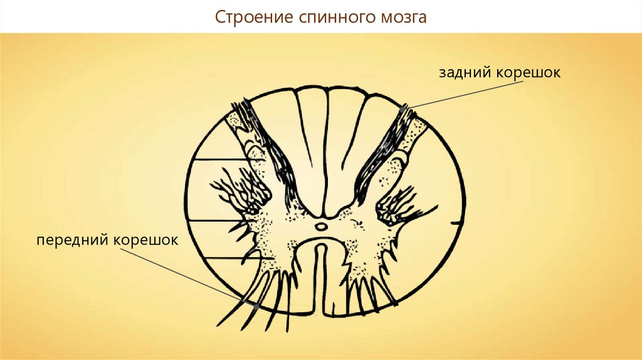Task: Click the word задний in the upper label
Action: point(465,73)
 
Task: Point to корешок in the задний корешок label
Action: point(528,73)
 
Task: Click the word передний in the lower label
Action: point(73,240)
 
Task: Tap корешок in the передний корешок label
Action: point(145,240)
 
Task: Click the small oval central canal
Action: point(320,226)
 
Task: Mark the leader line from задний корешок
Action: point(466,94)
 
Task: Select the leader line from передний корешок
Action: point(189,277)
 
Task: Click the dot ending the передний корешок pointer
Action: point(256,306)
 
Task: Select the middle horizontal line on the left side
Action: point(214,221)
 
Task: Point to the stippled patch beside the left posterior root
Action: point(234,120)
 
